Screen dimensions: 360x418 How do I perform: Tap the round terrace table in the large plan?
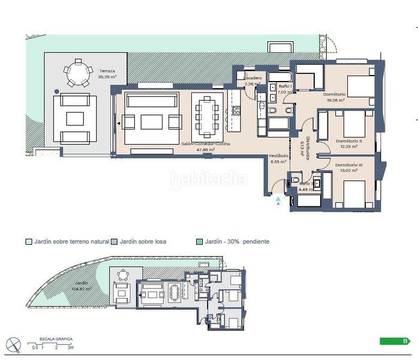76,73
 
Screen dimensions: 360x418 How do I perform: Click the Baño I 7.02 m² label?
284,89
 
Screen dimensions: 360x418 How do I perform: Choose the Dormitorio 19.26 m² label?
334,97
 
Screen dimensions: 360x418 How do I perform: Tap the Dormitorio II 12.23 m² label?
347,143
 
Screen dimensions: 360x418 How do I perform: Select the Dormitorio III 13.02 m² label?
348,167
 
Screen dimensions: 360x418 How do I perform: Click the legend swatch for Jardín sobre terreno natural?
28,242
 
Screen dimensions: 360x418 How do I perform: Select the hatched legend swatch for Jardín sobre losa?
115,242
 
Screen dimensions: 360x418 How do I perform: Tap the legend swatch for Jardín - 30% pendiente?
200,242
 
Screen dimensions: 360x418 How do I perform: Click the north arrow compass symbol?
14,344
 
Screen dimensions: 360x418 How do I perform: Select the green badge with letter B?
395,341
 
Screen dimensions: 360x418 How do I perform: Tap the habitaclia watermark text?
208,178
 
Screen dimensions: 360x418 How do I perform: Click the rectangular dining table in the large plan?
207,115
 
